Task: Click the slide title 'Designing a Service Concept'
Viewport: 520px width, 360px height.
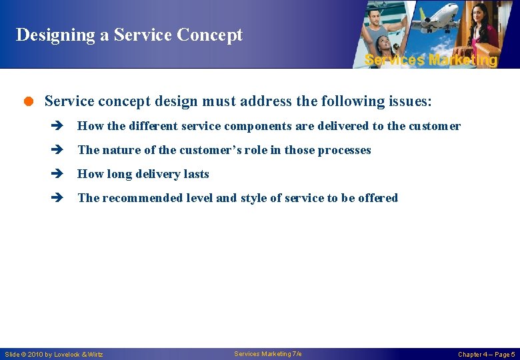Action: (129, 35)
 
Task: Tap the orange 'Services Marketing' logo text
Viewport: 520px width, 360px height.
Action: (431, 60)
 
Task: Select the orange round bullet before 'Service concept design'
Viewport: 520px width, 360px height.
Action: (29, 101)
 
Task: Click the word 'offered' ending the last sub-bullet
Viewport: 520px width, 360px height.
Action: (378, 198)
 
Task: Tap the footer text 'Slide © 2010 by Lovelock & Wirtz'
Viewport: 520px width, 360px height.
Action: (54, 354)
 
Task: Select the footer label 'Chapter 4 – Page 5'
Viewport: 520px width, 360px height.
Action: (486, 354)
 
